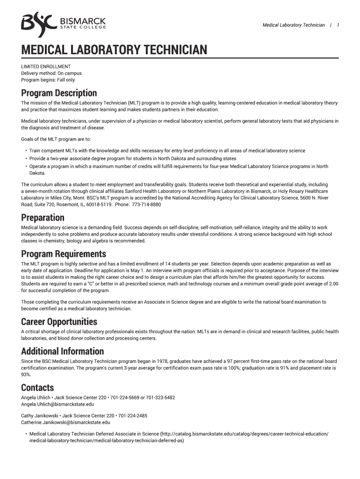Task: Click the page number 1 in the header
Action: (x=338, y=25)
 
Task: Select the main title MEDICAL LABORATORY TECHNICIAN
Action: (x=114, y=50)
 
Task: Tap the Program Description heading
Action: (x=59, y=93)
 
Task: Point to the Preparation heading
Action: (x=43, y=218)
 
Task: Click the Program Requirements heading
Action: (x=64, y=254)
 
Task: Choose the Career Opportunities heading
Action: (x=59, y=322)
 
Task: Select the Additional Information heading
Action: (x=62, y=351)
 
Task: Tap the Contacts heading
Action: (x=37, y=388)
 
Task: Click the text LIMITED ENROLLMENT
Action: (x=46, y=66)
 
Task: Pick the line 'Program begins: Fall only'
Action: (x=48, y=80)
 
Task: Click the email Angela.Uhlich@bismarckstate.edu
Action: (x=58, y=404)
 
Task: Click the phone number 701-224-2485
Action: (x=133, y=415)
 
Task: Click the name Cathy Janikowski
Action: (x=40, y=415)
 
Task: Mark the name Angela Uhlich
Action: (x=36, y=398)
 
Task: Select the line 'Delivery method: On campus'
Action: (x=51, y=73)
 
